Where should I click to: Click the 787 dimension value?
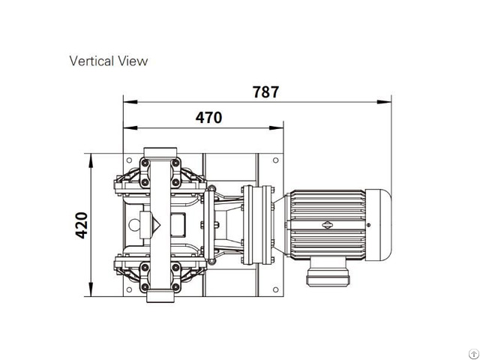point(265,91)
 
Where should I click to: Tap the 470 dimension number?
point(208,118)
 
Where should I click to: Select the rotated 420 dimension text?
point(82,225)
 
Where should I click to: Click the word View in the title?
point(133,61)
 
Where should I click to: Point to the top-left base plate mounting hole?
point(129,160)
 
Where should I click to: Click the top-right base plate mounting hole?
point(275,160)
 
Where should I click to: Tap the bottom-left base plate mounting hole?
point(129,289)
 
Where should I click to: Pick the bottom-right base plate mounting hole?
point(275,289)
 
